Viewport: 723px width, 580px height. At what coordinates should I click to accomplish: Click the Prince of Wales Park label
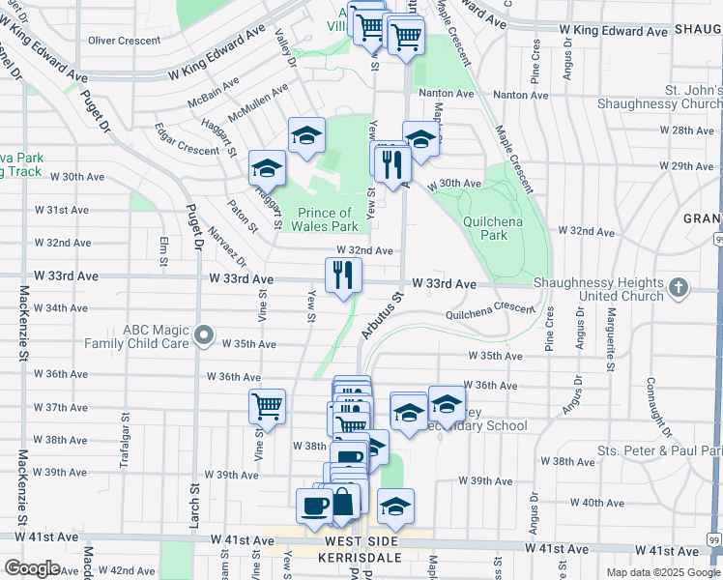(324, 219)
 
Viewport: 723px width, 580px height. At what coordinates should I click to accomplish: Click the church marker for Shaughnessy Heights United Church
(679, 287)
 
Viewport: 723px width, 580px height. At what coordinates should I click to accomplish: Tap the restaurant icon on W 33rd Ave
(343, 275)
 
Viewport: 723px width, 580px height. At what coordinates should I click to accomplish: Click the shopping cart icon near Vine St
(267, 406)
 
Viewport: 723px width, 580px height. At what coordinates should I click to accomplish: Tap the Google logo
(33, 568)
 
